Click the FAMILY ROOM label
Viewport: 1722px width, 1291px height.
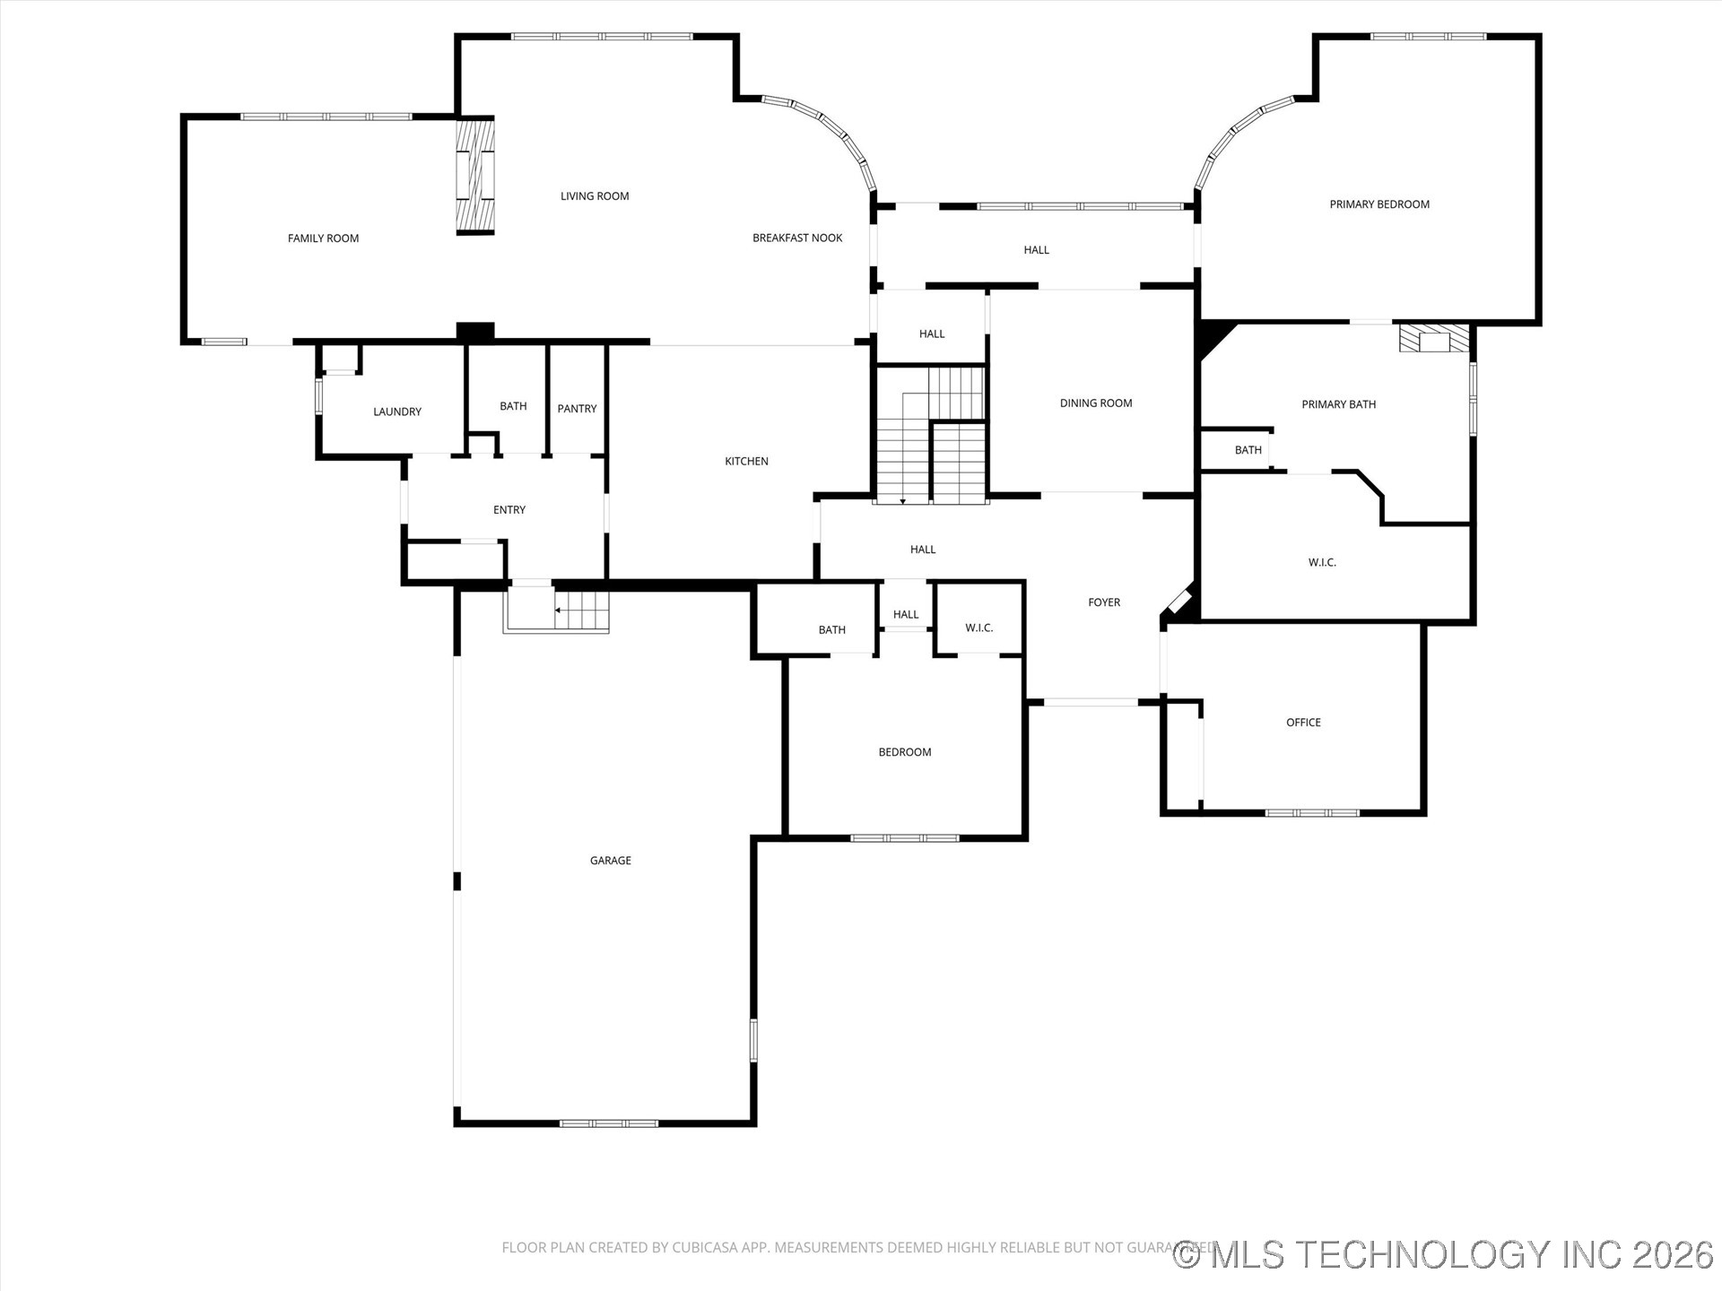(x=323, y=238)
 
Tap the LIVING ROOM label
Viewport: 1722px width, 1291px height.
(x=595, y=196)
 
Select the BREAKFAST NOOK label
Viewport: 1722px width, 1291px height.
(x=797, y=238)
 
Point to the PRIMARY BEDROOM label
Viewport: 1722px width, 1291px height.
(x=1379, y=204)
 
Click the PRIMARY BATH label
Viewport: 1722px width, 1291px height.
(x=1338, y=404)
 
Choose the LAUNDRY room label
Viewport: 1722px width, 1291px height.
(x=397, y=412)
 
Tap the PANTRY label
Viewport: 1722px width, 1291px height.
(x=577, y=409)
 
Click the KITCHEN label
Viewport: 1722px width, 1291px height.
(x=746, y=462)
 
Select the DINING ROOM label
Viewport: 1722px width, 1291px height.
(x=1096, y=403)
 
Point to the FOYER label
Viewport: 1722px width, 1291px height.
(x=1104, y=602)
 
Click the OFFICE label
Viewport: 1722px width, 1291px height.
(x=1303, y=723)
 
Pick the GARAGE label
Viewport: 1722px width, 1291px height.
(x=611, y=861)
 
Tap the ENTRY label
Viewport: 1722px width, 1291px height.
(x=509, y=510)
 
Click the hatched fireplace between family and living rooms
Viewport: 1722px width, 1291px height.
(x=475, y=176)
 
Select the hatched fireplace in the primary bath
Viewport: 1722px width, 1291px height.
(x=1434, y=339)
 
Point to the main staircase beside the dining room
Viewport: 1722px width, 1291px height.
(x=933, y=439)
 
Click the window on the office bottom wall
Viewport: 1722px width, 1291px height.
(x=1311, y=813)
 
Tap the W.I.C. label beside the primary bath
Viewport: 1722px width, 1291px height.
(x=1322, y=563)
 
